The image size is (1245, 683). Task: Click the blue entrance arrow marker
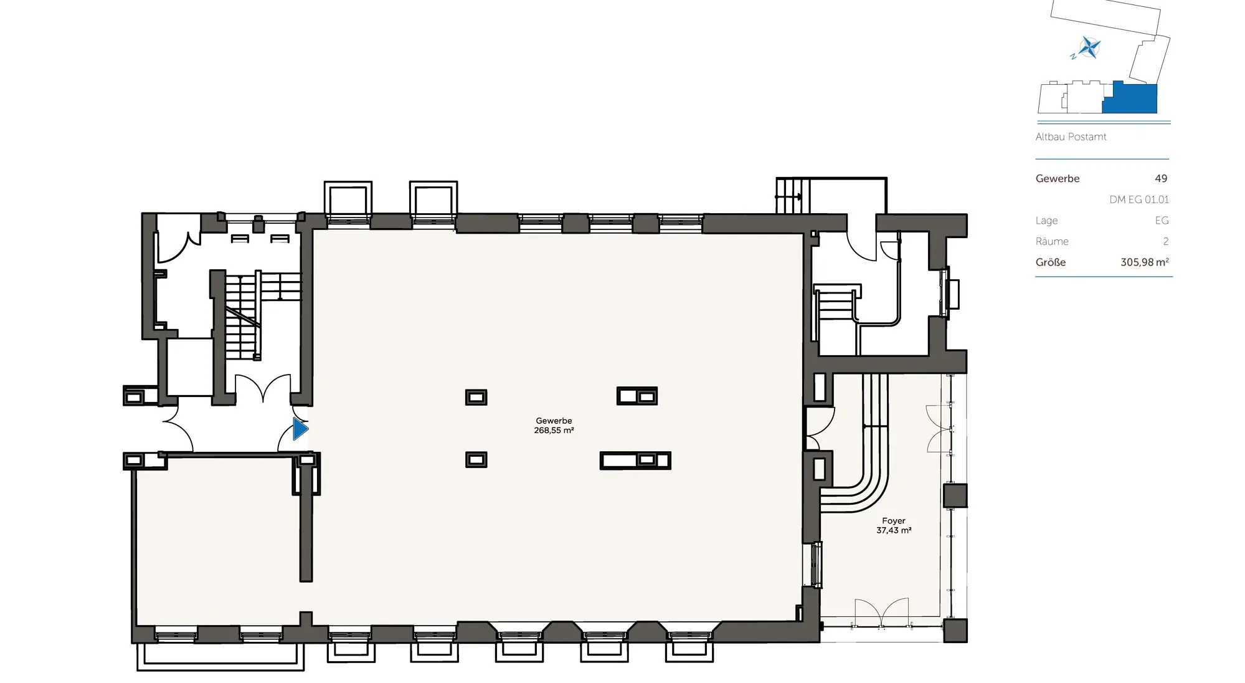(300, 429)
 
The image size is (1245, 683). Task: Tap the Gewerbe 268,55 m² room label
(554, 426)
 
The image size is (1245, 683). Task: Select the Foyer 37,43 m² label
(894, 525)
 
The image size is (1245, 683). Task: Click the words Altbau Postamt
(1071, 137)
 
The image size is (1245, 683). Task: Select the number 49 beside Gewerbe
(1160, 179)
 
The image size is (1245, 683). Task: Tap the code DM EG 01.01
(1138, 199)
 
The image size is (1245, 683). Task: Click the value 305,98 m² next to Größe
(1144, 262)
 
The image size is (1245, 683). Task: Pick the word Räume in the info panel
(1052, 242)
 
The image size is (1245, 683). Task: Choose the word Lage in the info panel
(1046, 221)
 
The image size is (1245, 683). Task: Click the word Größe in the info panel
(1050, 262)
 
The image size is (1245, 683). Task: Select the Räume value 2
(1165, 242)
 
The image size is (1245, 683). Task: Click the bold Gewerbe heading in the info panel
(1057, 179)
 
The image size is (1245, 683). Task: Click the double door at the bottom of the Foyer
(881, 614)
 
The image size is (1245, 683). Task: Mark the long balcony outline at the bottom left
(220, 657)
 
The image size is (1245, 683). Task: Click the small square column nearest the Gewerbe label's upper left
(476, 397)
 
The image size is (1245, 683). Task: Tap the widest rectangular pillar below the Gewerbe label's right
(635, 461)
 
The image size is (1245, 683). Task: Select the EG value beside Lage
(1162, 221)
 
